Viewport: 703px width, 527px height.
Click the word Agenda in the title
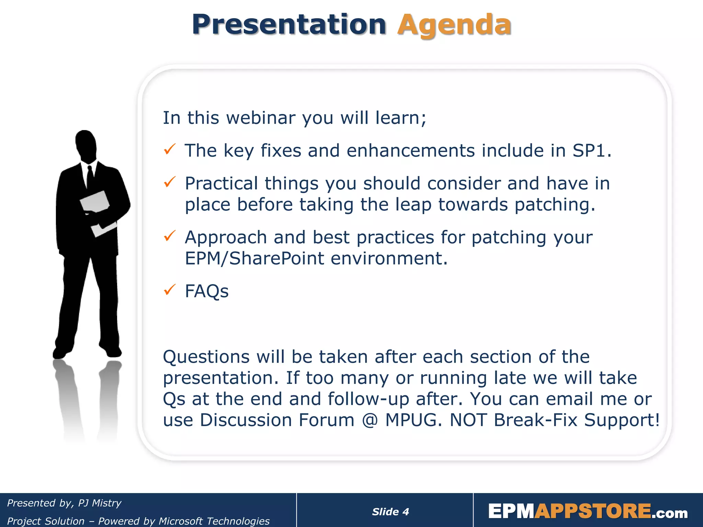click(454, 25)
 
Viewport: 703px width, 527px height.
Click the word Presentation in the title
click(289, 25)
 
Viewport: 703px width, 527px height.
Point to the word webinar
click(261, 118)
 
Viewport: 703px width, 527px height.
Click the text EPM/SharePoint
click(254, 258)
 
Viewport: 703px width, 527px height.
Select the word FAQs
click(206, 291)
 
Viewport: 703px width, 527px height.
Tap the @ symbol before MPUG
click(370, 420)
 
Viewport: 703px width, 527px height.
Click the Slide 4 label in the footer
click(390, 512)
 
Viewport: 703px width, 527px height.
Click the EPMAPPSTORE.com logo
click(588, 511)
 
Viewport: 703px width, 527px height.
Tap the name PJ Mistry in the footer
click(100, 503)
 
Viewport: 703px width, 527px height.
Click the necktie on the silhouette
click(90, 177)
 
